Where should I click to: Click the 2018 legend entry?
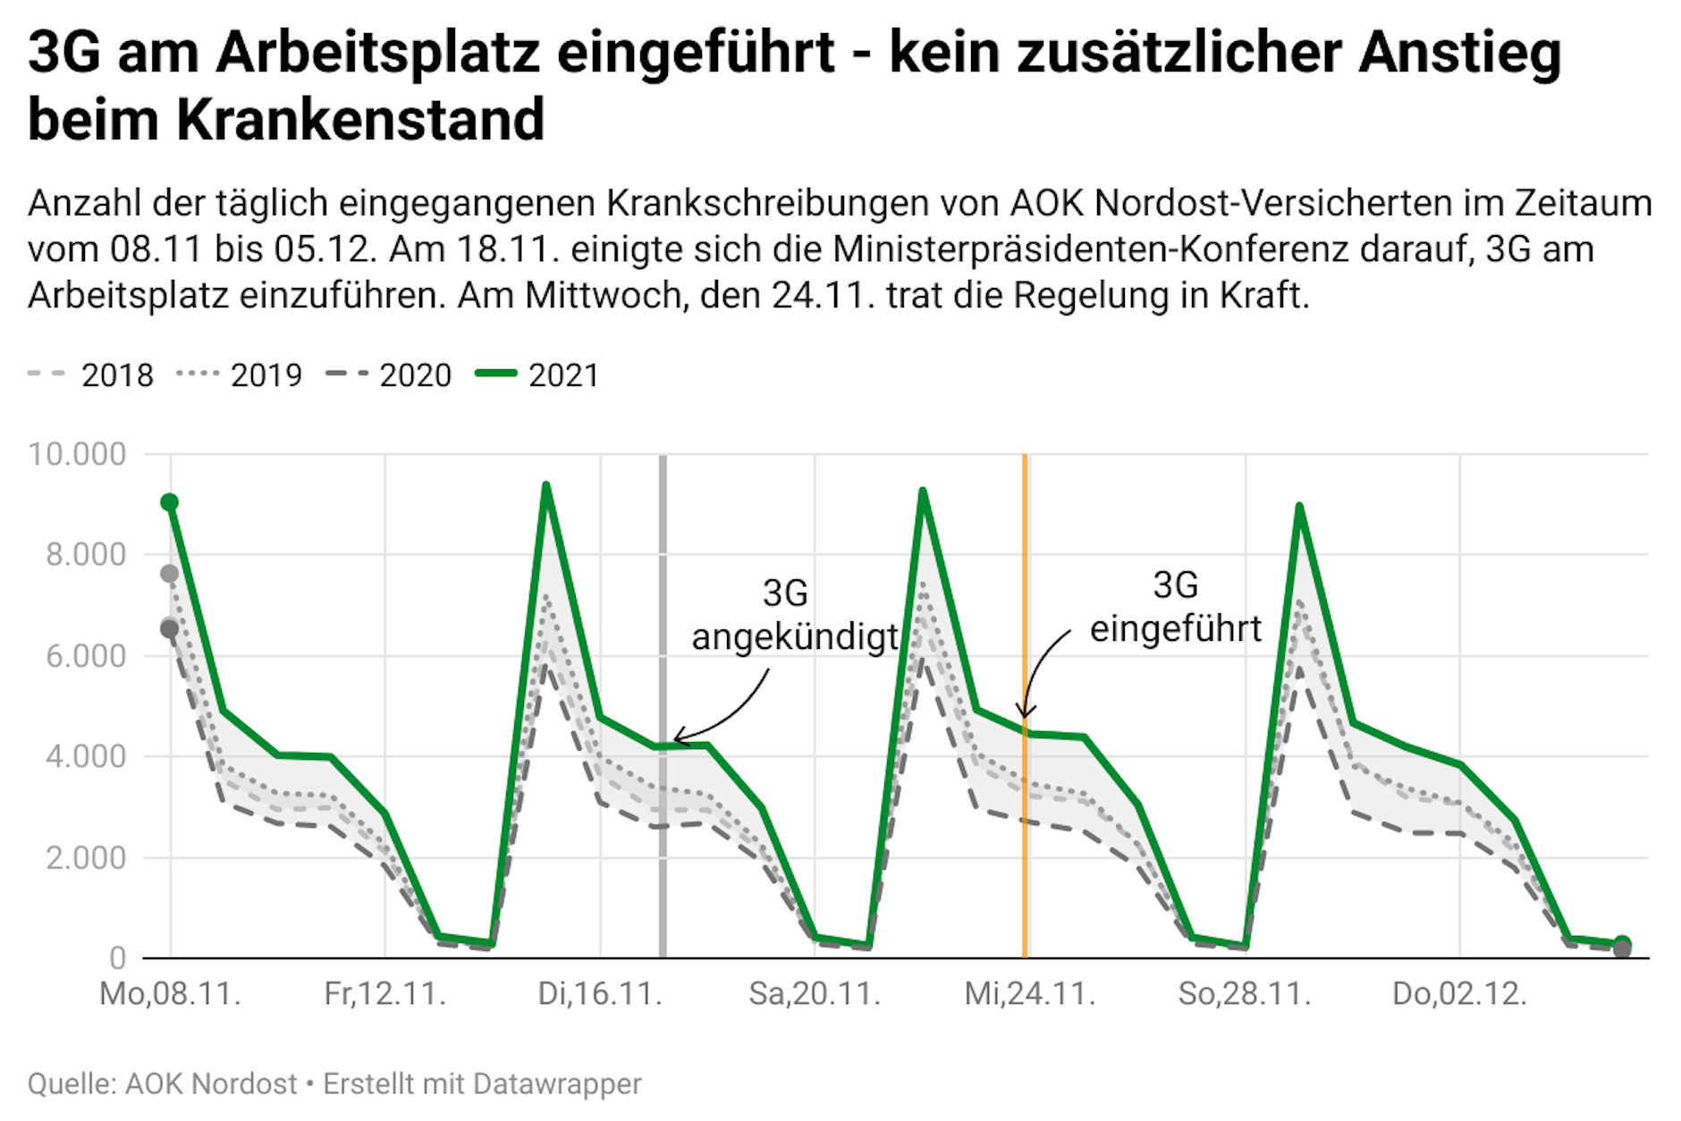coord(90,375)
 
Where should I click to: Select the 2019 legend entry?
coord(240,375)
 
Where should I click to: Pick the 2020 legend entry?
coord(389,375)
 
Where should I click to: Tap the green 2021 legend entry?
coord(537,375)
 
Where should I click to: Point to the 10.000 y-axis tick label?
coord(77,454)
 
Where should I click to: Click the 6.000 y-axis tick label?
coord(86,656)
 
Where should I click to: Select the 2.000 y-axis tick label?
coord(86,858)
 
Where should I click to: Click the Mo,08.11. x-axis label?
coord(170,994)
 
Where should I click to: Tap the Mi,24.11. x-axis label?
coord(1029,994)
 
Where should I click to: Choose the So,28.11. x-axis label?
coord(1244,994)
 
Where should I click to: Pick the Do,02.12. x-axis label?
coord(1459,994)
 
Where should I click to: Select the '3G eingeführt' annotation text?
coord(1175,608)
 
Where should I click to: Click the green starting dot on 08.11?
coord(170,502)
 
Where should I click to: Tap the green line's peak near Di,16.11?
coord(545,486)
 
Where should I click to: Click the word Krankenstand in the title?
coord(360,120)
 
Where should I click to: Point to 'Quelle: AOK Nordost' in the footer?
coord(162,1083)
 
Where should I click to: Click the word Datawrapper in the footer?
coord(557,1083)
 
